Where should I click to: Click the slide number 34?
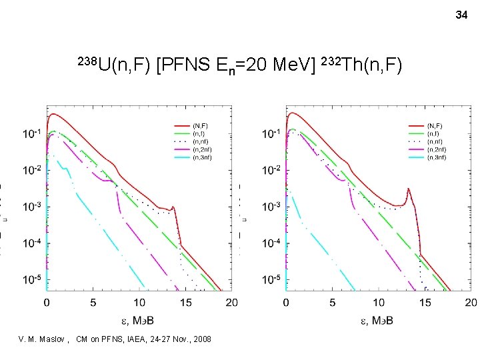[461, 14]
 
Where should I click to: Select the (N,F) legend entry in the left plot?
[200, 125]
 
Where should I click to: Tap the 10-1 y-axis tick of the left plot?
[31, 135]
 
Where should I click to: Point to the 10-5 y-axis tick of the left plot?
[31, 278]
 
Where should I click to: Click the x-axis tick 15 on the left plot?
[185, 303]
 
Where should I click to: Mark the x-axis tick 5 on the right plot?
[333, 303]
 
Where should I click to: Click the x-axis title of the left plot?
[139, 321]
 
